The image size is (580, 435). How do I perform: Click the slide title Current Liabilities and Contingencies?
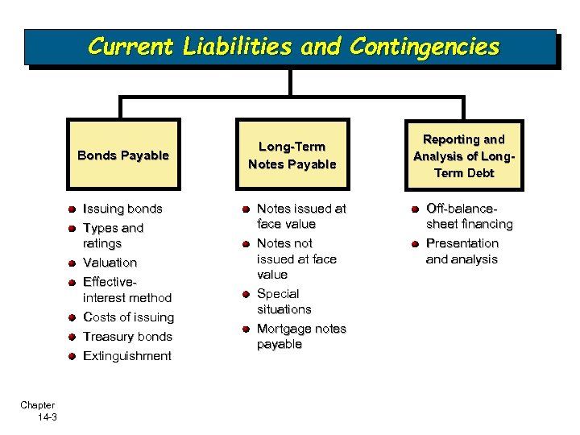tap(293, 46)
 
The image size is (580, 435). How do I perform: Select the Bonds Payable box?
tap(123, 155)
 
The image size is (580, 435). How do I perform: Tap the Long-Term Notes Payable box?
tap(292, 155)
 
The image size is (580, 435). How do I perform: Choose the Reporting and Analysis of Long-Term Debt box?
tap(464, 155)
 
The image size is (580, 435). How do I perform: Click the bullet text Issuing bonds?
tap(122, 209)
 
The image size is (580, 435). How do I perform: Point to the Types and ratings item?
tap(113, 235)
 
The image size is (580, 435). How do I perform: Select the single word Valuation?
tap(110, 263)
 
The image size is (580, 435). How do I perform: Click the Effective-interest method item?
tap(126, 290)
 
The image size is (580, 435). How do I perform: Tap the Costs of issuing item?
tap(128, 317)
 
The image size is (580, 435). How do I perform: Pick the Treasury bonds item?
tap(127, 337)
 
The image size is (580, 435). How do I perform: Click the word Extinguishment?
tap(127, 356)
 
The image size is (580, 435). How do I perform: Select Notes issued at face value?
tap(300, 216)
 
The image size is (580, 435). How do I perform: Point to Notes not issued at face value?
tap(296, 259)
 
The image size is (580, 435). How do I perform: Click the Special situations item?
tap(284, 301)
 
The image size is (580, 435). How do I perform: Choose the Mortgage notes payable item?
tap(300, 337)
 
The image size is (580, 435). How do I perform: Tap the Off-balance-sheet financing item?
tap(469, 216)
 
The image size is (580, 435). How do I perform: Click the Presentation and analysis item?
tap(462, 251)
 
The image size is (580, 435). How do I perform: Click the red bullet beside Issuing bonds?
tap(72, 209)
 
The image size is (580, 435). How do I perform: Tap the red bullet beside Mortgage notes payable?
tap(245, 329)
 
